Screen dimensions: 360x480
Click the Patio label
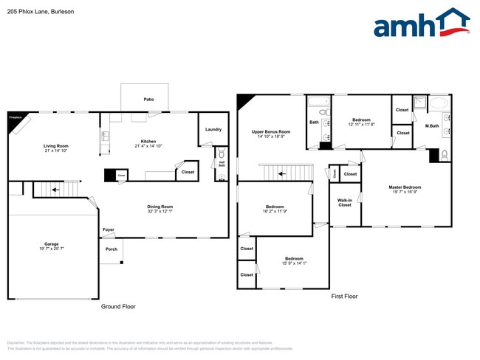point(148,98)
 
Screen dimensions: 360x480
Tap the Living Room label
point(56,146)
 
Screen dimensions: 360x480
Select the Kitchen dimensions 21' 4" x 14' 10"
point(148,146)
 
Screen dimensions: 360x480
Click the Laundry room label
point(213,130)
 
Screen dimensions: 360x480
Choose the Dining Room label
point(160,207)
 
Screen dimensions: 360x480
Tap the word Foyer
point(109,230)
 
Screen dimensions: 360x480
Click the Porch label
point(112,249)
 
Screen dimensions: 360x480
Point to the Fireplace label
point(15,117)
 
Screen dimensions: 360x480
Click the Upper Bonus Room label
point(271,132)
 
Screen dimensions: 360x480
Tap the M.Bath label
point(432,126)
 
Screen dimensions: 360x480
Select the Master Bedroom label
point(405,187)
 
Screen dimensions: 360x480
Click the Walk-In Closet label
point(345,202)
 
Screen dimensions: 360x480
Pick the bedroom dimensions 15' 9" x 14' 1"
point(294,263)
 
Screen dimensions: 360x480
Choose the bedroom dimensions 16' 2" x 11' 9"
point(275,212)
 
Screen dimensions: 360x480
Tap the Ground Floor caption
point(118,306)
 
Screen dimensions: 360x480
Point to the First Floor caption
point(344,296)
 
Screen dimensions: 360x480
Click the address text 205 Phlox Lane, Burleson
point(35,12)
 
